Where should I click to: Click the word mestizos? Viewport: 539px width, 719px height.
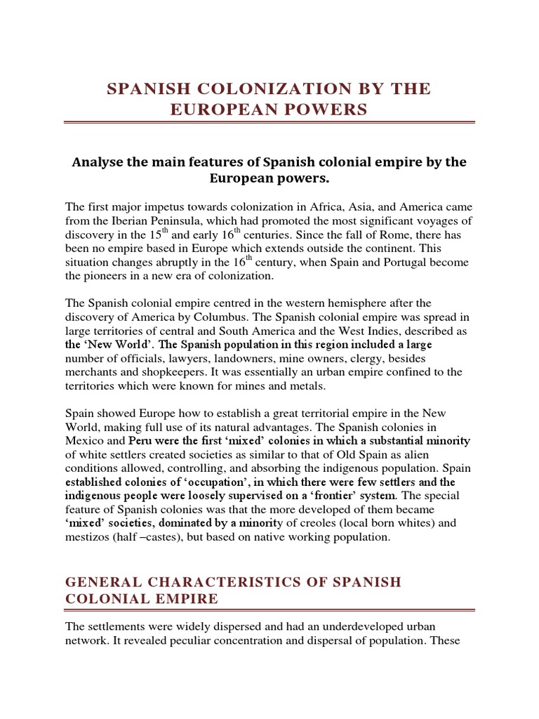(91, 537)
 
